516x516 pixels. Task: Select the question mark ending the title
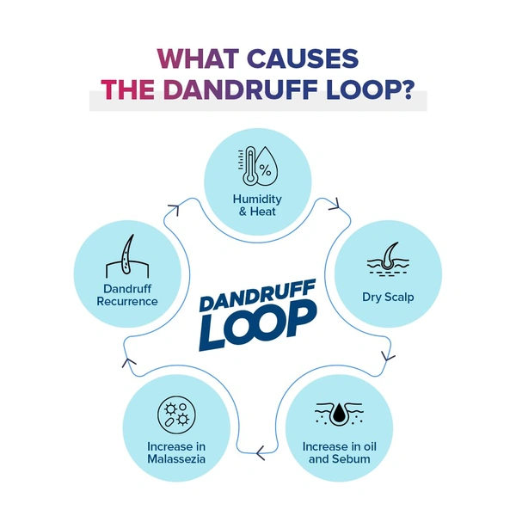coord(416,89)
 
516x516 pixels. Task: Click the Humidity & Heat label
coord(257,205)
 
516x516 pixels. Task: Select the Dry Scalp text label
coord(389,298)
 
